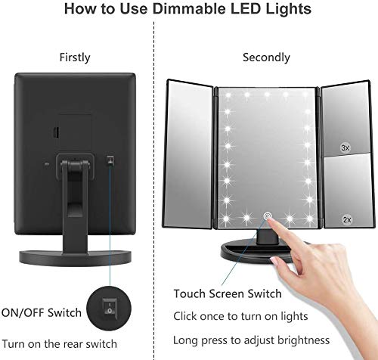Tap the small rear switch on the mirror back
pos(110,161)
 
